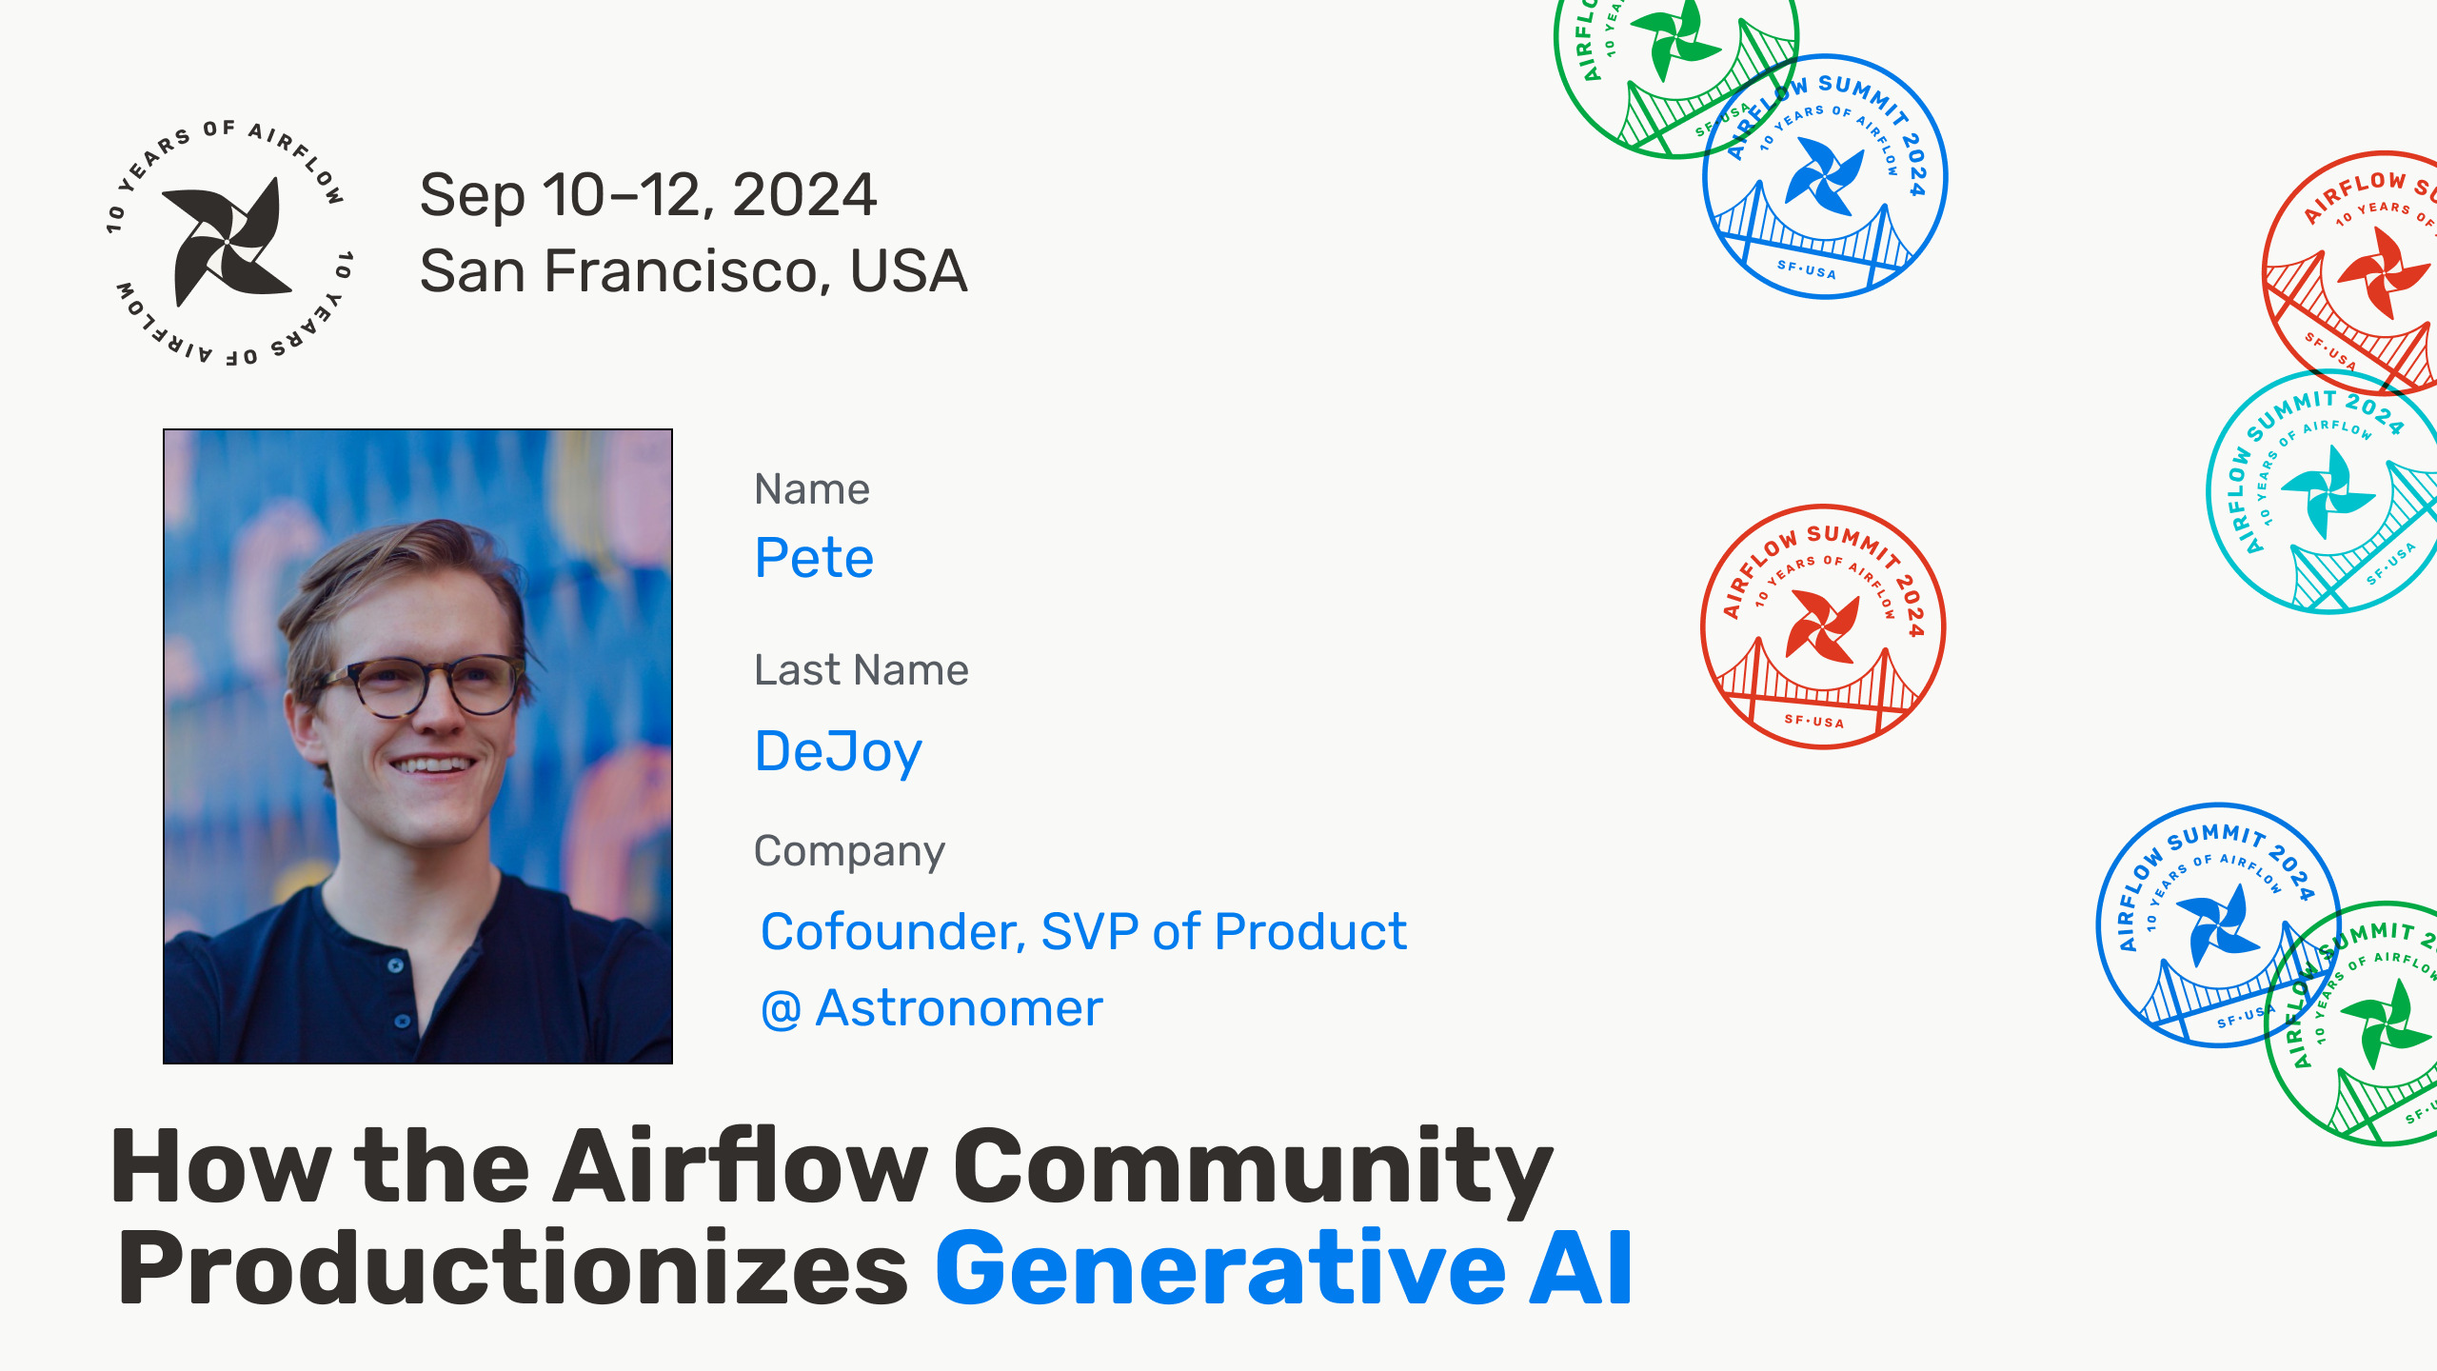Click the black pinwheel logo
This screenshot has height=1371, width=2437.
[x=227, y=243]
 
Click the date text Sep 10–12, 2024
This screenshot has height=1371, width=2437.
[x=647, y=195]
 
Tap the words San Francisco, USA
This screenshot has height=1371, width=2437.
[x=693, y=271]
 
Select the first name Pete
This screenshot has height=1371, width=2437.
[x=814, y=558]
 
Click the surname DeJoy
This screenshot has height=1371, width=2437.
[x=838, y=753]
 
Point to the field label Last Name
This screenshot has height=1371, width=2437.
[x=862, y=670]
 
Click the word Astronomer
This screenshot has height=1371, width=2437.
[x=959, y=1008]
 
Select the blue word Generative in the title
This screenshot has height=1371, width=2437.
[x=1221, y=1269]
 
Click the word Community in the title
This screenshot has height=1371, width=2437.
[x=1253, y=1169]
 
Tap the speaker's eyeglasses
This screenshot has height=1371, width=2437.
[x=424, y=685]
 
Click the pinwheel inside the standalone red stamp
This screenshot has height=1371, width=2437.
[x=1823, y=626]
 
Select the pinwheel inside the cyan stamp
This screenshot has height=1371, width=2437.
[x=2328, y=491]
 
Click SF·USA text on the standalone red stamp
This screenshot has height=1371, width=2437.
[x=1814, y=721]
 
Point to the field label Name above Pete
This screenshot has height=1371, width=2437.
[x=812, y=489]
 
